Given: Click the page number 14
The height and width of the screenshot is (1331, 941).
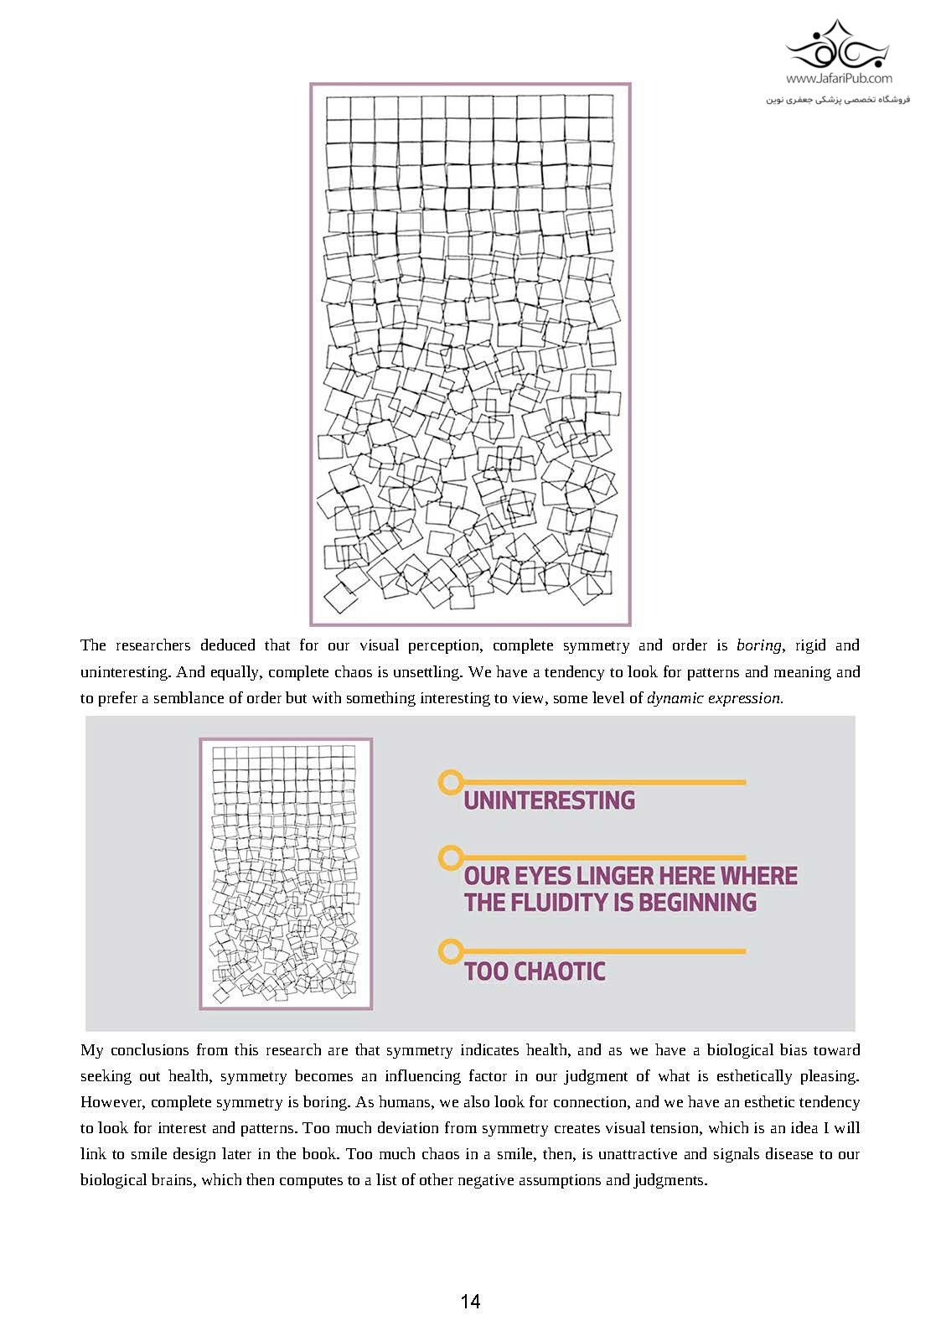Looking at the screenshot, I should pyautogui.click(x=470, y=1301).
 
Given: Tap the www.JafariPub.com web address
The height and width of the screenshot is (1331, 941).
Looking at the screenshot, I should pyautogui.click(x=839, y=79).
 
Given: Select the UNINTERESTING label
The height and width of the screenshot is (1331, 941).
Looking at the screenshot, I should pyautogui.click(x=549, y=800).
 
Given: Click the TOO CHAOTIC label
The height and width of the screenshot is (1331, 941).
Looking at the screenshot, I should pyautogui.click(x=535, y=971).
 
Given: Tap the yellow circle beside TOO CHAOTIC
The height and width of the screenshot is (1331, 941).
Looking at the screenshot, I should pyautogui.click(x=450, y=951).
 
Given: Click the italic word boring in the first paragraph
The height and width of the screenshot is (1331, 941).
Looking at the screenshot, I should pyautogui.click(x=758, y=645).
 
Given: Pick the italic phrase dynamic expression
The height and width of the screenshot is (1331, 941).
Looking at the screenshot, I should pyautogui.click(x=715, y=698).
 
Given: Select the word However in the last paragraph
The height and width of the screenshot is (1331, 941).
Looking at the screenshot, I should pyautogui.click(x=112, y=1102).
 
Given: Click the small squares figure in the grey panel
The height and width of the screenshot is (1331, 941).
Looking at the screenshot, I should pyautogui.click(x=286, y=873).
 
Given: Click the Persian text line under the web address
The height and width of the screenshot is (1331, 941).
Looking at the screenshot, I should pyautogui.click(x=837, y=100).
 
